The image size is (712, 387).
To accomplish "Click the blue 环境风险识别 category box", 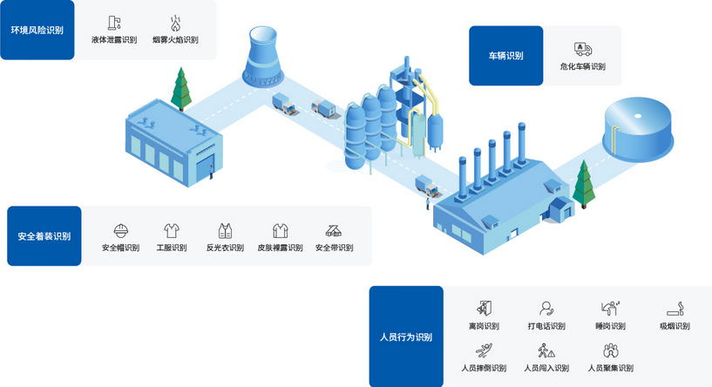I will click(37, 31).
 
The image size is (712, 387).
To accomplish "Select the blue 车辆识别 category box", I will click(505, 56).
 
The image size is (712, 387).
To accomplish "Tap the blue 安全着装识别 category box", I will click(44, 236).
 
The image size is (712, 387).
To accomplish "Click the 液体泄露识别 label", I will click(113, 40).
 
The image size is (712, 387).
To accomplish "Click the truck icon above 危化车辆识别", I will click(582, 50).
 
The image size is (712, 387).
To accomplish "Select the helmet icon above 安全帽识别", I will click(121, 231).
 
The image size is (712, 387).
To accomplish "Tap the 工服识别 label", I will click(172, 248).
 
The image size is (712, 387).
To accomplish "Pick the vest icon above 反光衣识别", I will click(225, 231).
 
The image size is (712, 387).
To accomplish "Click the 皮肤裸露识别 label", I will click(281, 248).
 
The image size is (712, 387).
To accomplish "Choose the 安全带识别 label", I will click(334, 248).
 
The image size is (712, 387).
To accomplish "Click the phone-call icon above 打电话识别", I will click(546, 308).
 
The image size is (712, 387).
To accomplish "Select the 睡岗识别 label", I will click(610, 326).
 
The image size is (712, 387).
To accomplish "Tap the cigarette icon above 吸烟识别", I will click(675, 309).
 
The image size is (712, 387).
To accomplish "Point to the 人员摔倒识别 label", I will click(483, 368).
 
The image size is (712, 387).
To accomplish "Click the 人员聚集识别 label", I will click(610, 368).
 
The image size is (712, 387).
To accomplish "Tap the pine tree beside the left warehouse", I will click(181, 87).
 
